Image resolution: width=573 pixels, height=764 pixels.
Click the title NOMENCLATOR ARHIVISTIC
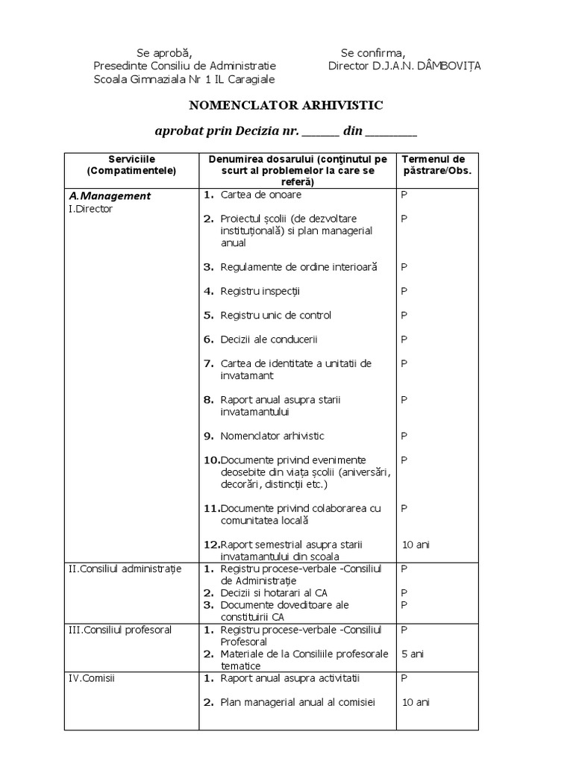click(286, 105)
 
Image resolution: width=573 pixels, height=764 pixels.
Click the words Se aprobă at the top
click(164, 52)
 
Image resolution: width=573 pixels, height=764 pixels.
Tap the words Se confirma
click(373, 52)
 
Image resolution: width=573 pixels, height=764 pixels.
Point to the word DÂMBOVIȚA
click(450, 66)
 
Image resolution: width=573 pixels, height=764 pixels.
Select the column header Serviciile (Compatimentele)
click(131, 165)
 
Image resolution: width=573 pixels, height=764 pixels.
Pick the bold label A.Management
click(110, 196)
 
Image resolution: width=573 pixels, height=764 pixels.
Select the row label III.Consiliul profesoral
click(120, 630)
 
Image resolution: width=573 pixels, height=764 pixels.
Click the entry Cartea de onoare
click(261, 195)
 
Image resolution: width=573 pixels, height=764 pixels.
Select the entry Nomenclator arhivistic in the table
click(272, 436)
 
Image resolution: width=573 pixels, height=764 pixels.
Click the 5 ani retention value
click(413, 654)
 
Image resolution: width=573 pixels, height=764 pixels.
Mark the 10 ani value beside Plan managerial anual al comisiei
click(416, 702)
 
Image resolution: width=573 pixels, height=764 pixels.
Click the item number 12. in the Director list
click(211, 544)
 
